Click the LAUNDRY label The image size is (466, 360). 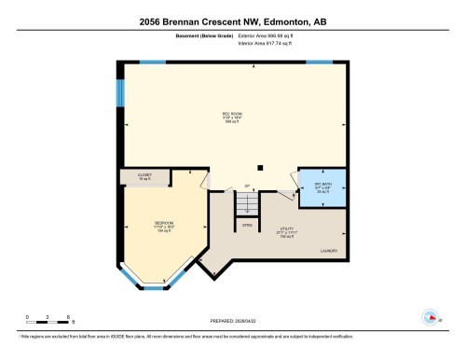[330, 251]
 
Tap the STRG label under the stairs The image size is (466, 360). [247, 225]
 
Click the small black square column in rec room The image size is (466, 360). [260, 168]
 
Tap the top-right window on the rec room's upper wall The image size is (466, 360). [320, 62]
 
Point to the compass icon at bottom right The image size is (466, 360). [430, 315]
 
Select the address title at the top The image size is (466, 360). [233, 21]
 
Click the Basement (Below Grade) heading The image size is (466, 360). [202, 35]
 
